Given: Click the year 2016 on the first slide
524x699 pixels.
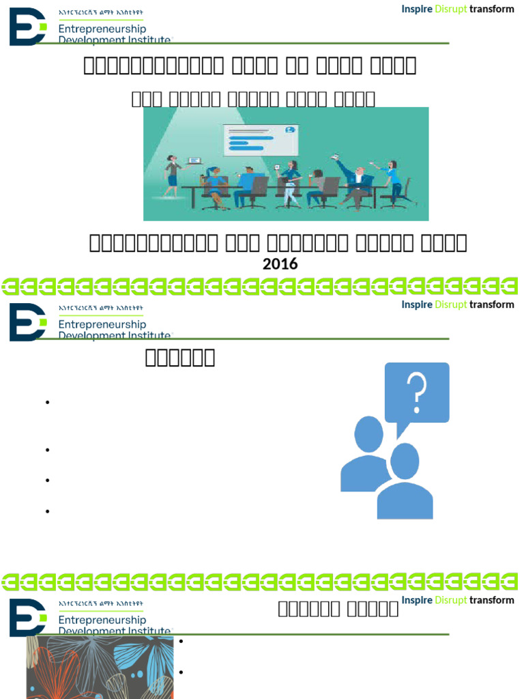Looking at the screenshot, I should coord(280,264).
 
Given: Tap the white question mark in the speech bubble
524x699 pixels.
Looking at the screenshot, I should coord(417,392).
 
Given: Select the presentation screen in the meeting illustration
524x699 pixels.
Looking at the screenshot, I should coord(260,141).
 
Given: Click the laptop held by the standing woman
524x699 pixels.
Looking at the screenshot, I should coord(194,160).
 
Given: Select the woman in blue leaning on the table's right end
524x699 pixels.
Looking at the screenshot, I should coord(393,179).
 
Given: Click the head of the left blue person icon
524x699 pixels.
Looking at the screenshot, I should coord(369,434).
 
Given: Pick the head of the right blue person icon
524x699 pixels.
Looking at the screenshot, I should coord(405,461).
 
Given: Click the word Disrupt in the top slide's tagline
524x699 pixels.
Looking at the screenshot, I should coord(450,9).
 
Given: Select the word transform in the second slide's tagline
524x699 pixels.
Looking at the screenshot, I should coord(491,304).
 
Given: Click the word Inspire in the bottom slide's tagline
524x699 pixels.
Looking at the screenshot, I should coord(417,600).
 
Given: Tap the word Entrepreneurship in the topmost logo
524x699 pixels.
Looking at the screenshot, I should coord(102,29).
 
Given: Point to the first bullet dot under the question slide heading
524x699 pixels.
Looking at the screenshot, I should coord(48,403).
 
